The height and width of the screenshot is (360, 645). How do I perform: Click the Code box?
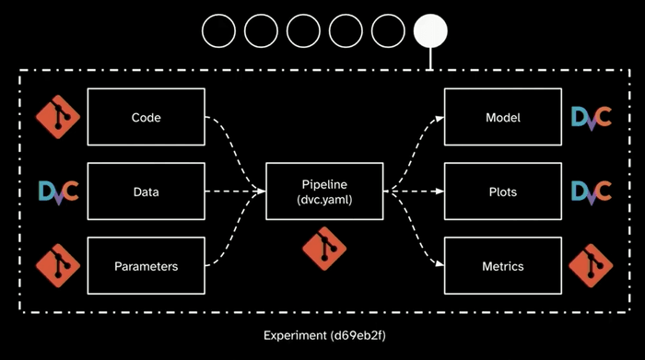point(146,117)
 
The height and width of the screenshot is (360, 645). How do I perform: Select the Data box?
point(146,192)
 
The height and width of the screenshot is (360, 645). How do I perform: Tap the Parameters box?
point(146,266)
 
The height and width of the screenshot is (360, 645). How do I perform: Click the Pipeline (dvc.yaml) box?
point(323,192)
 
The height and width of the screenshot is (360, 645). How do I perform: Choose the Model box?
point(502,117)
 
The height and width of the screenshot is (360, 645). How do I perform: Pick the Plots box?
point(502,192)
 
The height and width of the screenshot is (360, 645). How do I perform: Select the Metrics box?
point(502,266)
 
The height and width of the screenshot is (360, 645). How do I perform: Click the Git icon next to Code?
point(58,118)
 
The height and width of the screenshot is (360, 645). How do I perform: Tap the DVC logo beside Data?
point(58,192)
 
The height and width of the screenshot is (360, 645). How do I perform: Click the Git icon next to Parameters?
point(58,266)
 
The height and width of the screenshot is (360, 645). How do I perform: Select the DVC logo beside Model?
point(591,118)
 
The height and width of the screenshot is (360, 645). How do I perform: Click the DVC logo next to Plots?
point(591,192)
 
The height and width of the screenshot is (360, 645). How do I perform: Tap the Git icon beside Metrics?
point(591,266)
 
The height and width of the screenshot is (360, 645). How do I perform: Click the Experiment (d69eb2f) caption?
point(322,335)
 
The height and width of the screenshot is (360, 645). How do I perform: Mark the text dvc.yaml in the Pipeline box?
point(323,200)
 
